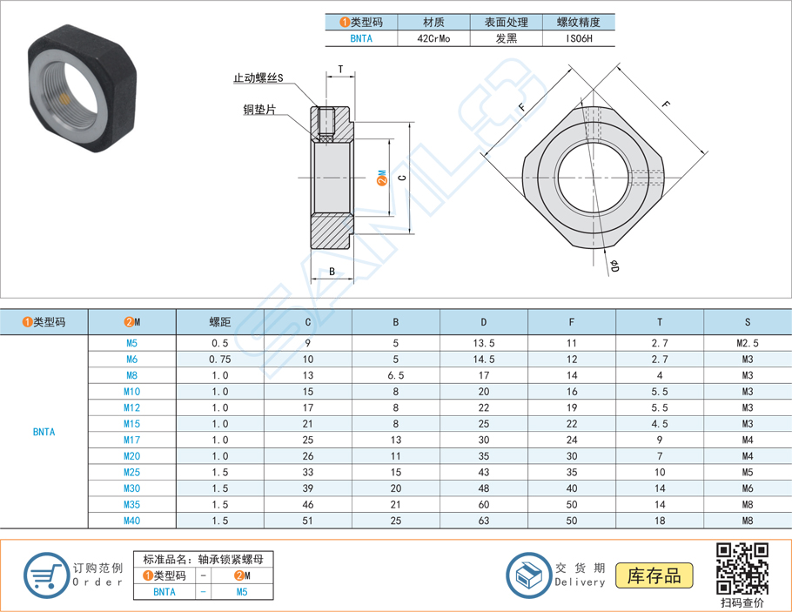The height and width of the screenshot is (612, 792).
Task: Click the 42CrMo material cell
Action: coord(433,38)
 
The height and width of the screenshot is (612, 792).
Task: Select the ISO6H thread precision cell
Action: coord(578,38)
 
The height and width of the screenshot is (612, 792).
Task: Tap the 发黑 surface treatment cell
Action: coord(506,38)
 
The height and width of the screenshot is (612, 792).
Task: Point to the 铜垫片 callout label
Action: coord(260,110)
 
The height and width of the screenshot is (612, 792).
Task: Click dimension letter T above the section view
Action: coord(340,70)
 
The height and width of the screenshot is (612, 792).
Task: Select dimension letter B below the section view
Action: coord(332,272)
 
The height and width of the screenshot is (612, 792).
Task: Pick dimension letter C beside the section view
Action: coord(400,178)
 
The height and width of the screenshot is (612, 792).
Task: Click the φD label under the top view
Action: coord(614,266)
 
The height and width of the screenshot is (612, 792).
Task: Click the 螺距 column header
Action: coord(219,322)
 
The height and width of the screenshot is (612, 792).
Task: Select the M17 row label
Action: coord(131,440)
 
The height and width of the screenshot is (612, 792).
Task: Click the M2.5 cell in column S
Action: coord(747,343)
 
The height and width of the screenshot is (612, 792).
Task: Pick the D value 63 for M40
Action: coord(484,521)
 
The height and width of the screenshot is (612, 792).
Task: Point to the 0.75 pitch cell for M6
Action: coord(219,360)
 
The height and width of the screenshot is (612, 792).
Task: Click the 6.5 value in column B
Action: coord(396,375)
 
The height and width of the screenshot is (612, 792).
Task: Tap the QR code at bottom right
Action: coord(742,567)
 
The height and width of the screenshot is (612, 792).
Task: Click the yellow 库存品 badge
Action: coord(654,575)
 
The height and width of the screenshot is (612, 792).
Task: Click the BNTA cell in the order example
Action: coord(164,592)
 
